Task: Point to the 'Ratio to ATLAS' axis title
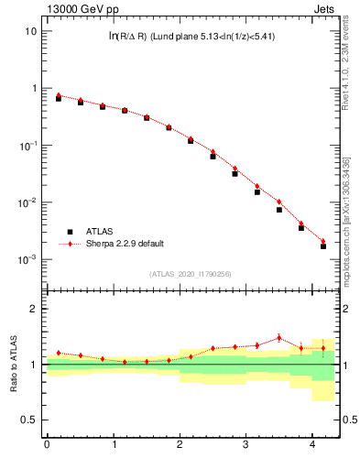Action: click(x=15, y=365)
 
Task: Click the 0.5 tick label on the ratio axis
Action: click(x=30, y=420)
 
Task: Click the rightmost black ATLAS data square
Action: click(x=323, y=246)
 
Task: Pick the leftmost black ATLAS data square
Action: click(x=59, y=98)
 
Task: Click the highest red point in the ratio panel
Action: click(x=279, y=337)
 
